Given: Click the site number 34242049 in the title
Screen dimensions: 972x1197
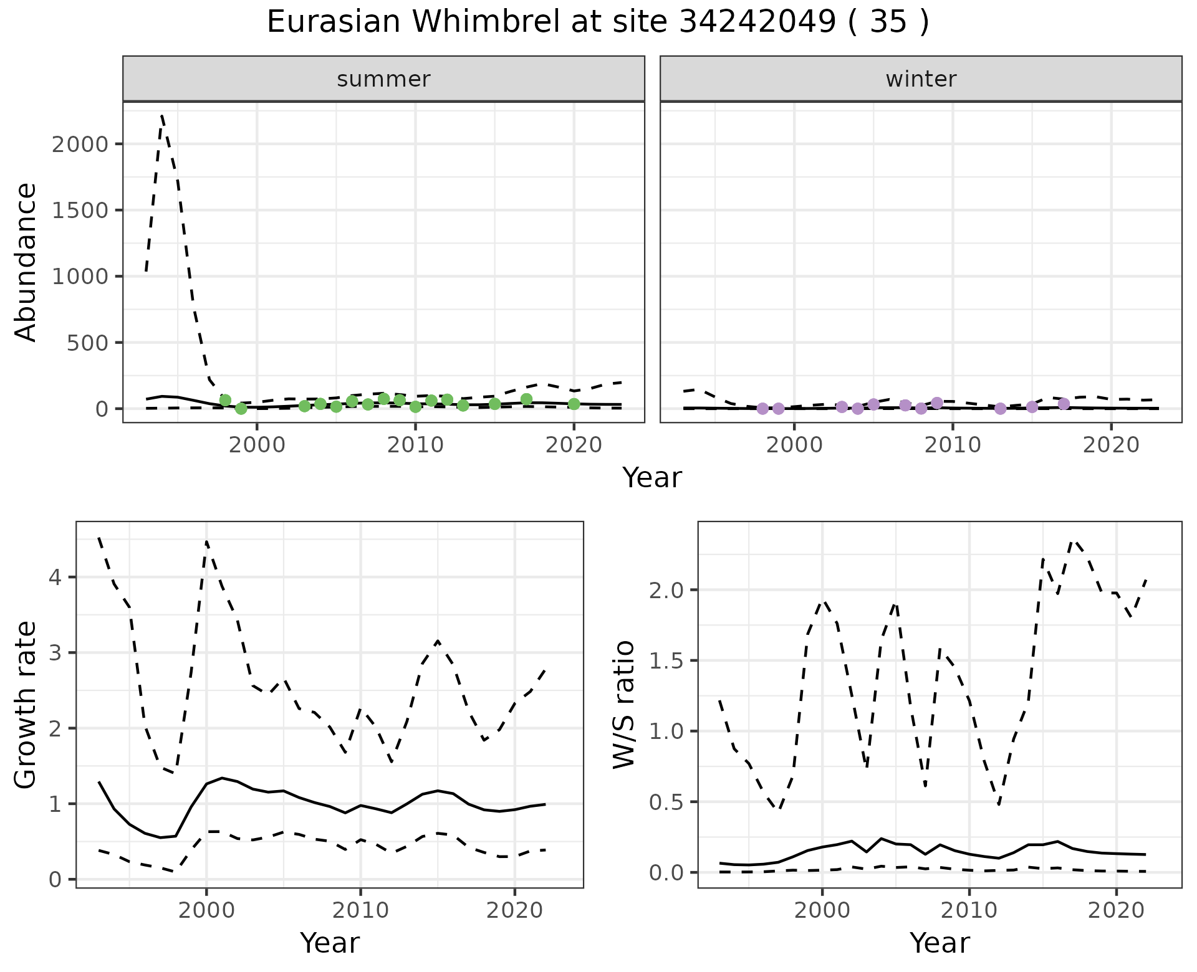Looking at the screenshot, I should point(756,22).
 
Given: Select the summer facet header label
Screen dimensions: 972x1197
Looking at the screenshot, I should point(383,79).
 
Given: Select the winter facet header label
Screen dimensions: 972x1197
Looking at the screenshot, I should point(921,79).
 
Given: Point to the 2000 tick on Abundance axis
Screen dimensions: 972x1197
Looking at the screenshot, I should point(80,144).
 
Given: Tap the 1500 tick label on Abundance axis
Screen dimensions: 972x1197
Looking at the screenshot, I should point(80,210).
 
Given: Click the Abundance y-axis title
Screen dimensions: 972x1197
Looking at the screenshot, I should point(26,262).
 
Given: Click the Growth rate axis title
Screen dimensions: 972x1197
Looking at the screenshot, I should point(26,704).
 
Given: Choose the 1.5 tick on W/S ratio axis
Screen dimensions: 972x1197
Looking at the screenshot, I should point(666,660).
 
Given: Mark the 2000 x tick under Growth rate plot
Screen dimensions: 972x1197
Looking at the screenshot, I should point(206,910).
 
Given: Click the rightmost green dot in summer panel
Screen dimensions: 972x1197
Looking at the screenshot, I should point(574,404).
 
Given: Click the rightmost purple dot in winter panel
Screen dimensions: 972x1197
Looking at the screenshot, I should point(1064,404).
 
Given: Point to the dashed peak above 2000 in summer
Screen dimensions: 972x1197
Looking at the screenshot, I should point(162,116).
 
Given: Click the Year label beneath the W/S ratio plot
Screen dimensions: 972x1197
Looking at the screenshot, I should point(940,943).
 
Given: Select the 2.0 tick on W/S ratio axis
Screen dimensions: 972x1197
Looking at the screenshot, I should point(666,590).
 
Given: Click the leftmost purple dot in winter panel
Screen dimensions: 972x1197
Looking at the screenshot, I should point(762,409).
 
